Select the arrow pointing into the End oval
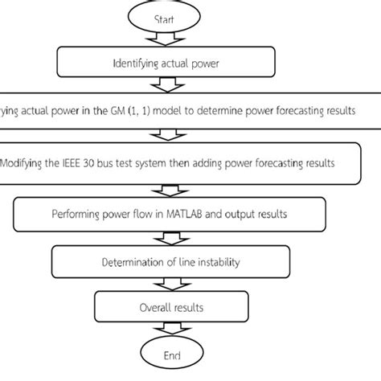pyautogui.click(x=165, y=330)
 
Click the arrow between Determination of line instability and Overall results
pyautogui.click(x=165, y=284)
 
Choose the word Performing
pyautogui.click(x=74, y=215)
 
